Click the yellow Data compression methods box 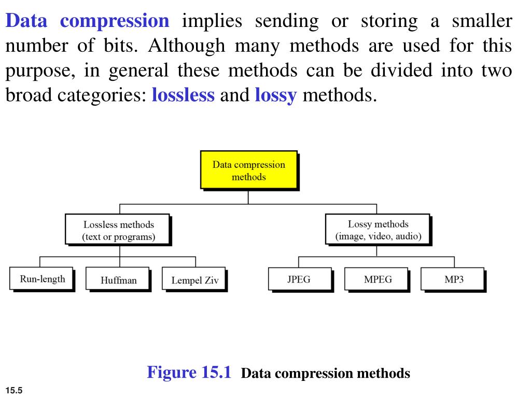[x=248, y=169]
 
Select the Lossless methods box [x=119, y=230]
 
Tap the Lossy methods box [x=378, y=230]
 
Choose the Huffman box [x=119, y=280]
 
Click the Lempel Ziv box [x=195, y=280]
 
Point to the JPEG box [x=299, y=279]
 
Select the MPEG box [x=378, y=279]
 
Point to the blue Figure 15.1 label [x=189, y=372]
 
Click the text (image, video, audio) [x=378, y=237]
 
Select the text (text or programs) [x=119, y=237]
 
